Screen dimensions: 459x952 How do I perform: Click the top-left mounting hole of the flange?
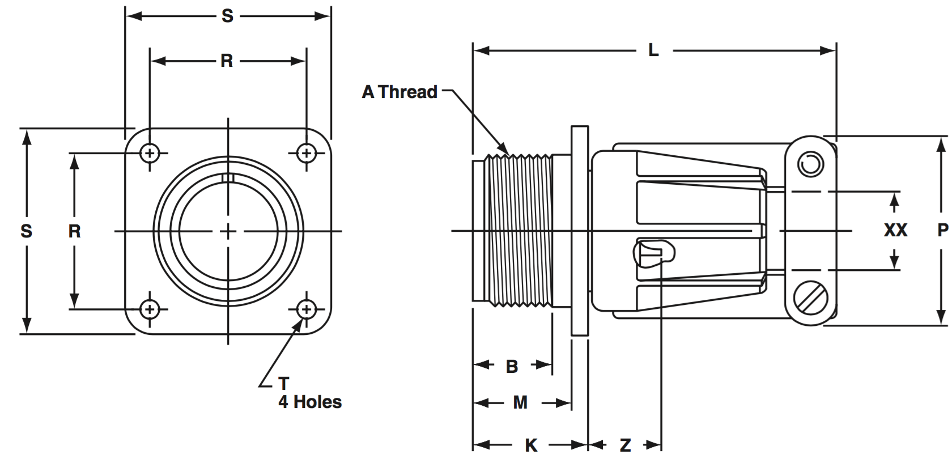[x=150, y=153]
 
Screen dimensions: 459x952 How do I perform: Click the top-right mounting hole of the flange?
[x=307, y=153]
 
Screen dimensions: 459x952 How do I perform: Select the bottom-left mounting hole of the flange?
[x=150, y=309]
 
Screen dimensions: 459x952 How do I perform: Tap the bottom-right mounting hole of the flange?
[x=307, y=309]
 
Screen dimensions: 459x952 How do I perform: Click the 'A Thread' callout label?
[x=399, y=92]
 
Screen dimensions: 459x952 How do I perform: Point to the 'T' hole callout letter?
[x=283, y=384]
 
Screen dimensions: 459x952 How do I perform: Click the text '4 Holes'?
[x=310, y=402]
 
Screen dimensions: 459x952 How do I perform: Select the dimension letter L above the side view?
[x=653, y=51]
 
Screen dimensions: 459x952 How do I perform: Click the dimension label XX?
[x=895, y=230]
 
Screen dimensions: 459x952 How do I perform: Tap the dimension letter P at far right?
[x=942, y=230]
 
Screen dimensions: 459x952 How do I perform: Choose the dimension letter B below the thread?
[x=512, y=367]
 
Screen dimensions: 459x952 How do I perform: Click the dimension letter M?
[x=520, y=403]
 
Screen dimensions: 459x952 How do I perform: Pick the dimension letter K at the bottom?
[x=531, y=445]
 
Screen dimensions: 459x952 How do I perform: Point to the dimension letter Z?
[x=625, y=445]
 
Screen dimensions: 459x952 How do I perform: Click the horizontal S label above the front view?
[x=227, y=16]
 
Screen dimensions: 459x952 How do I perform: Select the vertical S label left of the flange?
[x=26, y=231]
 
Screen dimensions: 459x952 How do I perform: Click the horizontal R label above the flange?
[x=227, y=61]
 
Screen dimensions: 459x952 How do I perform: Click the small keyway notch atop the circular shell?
[x=228, y=178]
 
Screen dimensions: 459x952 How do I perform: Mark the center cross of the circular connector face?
[x=228, y=231]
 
